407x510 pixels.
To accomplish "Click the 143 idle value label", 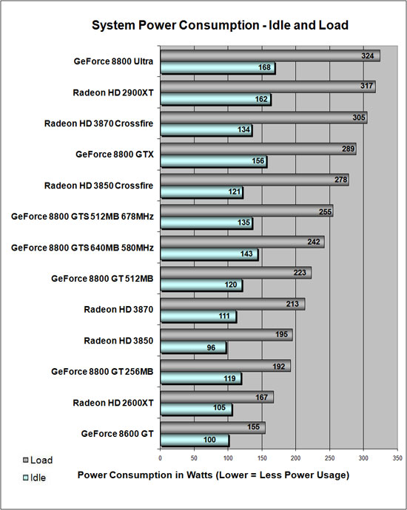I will tap(246, 255).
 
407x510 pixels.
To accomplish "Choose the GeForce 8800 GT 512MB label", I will tap(102, 279).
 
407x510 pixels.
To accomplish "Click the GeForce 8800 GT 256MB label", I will tap(102, 372).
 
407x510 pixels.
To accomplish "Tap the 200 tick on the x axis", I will tap(295, 459).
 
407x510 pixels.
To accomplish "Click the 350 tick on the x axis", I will tap(398, 459).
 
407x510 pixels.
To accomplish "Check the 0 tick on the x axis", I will tap(161, 459).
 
